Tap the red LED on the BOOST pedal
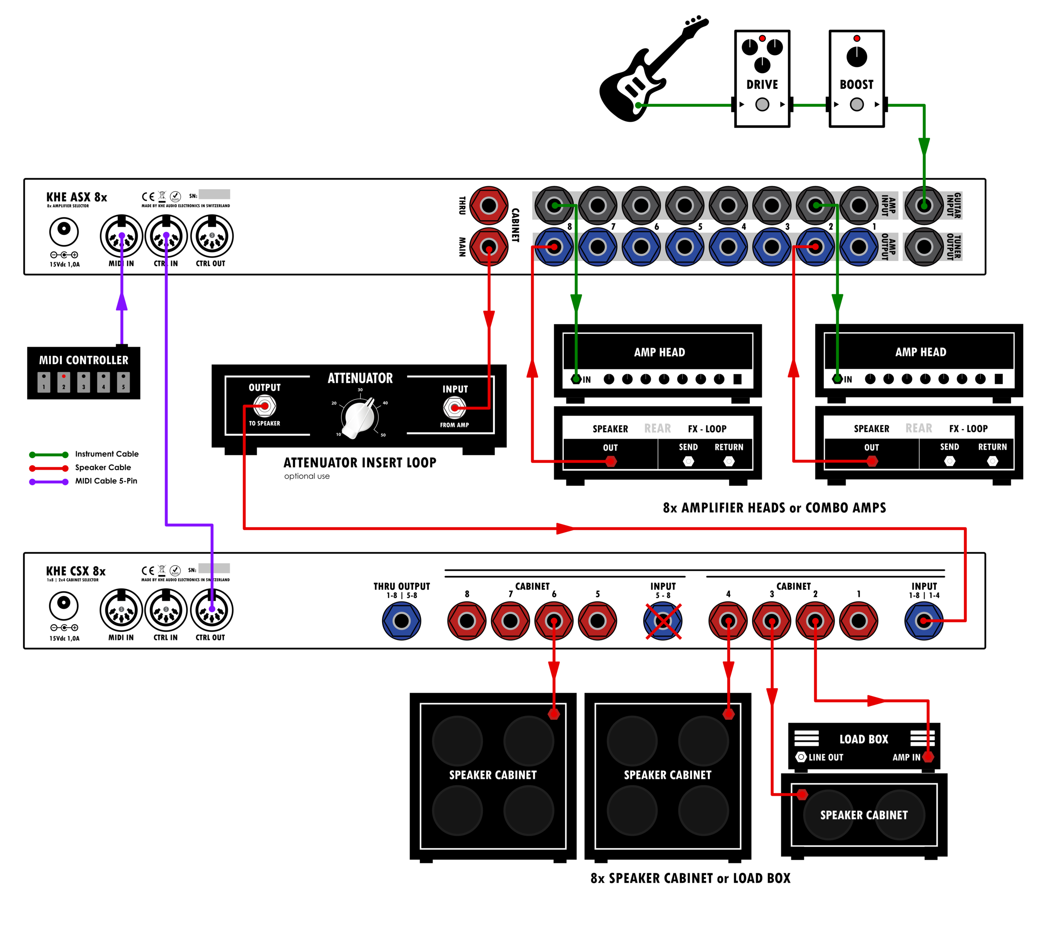(856, 38)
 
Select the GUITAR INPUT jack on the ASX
(923, 206)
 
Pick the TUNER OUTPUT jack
(923, 247)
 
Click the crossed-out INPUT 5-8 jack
(663, 621)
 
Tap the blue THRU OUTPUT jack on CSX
(401, 621)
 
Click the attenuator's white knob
(359, 417)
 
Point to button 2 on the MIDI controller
(64, 382)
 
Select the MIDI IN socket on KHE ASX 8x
(121, 236)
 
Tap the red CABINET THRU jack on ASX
(488, 206)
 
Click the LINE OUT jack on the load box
(801, 757)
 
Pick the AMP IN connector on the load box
(928, 757)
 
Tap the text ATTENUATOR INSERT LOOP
(359, 462)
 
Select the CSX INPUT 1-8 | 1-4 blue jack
(923, 621)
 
